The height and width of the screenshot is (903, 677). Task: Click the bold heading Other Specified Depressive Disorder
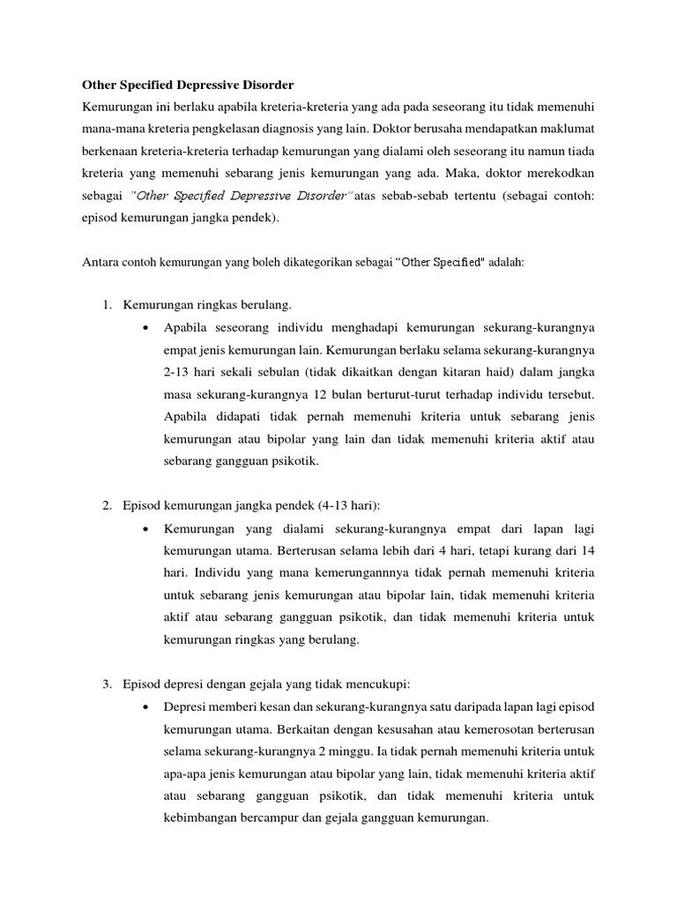(187, 86)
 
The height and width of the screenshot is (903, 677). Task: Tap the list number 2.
(107, 504)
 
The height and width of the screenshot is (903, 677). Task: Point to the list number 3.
(107, 683)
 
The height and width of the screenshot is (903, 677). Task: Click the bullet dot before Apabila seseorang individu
(145, 328)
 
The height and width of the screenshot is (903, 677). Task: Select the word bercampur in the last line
(267, 818)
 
